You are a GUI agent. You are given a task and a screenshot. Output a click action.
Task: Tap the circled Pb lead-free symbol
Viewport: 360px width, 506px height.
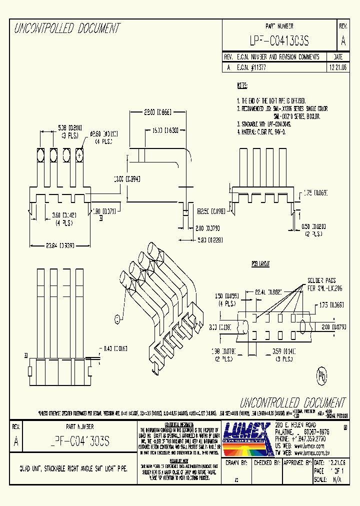click(x=322, y=375)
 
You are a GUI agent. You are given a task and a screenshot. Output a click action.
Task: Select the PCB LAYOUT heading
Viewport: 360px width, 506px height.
click(x=260, y=263)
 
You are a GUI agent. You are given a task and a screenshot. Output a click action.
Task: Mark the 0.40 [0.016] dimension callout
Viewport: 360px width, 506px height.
click(x=116, y=348)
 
